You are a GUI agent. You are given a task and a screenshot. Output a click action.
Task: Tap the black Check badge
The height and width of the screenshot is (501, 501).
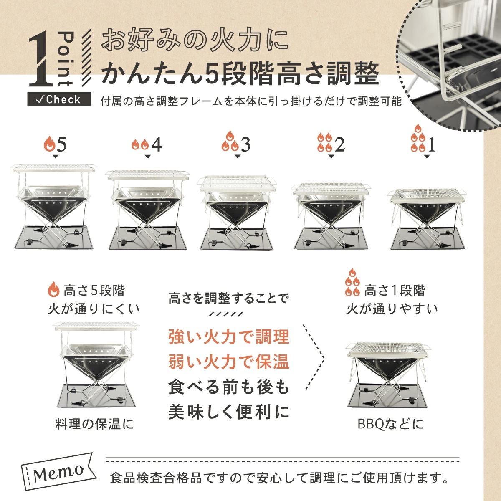(x=59, y=99)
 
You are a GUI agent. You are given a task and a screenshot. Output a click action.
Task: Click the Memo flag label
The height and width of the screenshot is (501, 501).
(x=58, y=473)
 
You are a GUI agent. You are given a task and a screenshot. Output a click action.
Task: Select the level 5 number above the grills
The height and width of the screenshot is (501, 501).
(x=61, y=144)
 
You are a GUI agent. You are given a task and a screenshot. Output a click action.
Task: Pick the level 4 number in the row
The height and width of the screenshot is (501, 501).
(x=157, y=144)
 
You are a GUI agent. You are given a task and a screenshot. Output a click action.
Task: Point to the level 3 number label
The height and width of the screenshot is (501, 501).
(x=245, y=144)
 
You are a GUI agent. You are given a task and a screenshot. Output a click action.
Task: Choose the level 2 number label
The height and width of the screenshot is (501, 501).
(x=340, y=144)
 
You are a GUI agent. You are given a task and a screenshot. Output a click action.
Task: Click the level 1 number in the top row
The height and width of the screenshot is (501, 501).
(x=432, y=145)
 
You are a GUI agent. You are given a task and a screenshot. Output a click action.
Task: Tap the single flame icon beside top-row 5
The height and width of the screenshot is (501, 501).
(x=49, y=144)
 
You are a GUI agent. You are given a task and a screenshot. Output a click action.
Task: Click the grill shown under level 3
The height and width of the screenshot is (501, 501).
(x=237, y=212)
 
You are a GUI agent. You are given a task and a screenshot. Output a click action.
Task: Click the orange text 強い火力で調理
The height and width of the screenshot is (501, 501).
(x=229, y=337)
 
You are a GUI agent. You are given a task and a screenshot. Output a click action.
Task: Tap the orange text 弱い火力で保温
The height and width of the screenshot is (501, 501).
(x=229, y=362)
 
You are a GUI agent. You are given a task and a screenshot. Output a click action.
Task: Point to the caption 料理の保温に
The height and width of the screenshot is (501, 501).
(x=95, y=425)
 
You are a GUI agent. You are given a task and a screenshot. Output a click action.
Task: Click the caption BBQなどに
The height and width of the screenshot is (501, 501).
(x=390, y=424)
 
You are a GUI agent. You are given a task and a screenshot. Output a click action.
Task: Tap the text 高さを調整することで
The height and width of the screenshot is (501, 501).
(x=228, y=299)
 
